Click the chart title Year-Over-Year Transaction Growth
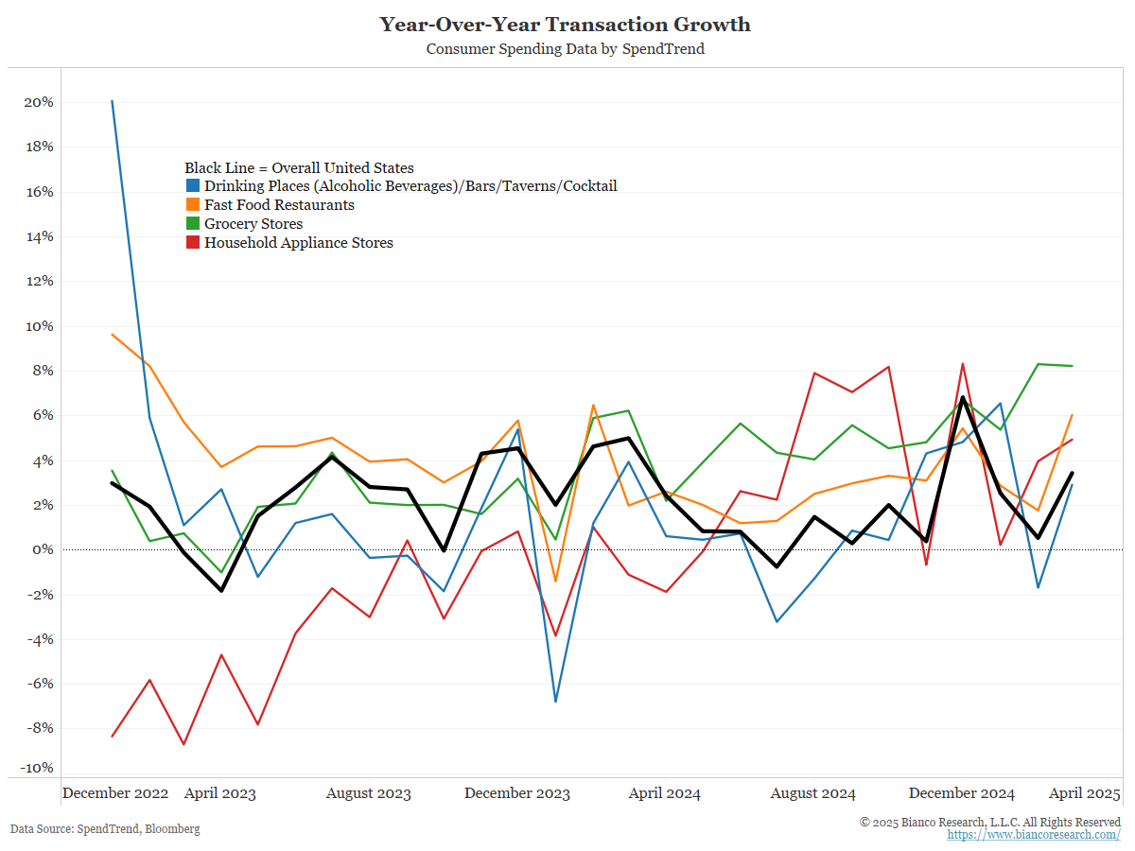565,25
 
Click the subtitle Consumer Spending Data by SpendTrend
565,49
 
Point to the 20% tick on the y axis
38,102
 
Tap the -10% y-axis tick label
35,768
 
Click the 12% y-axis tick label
38,282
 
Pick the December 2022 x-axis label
115,793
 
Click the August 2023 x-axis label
368,793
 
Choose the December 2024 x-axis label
962,793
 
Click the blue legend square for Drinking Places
192,186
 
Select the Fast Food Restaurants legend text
279,205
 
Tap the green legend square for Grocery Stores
192,224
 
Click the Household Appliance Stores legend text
298,243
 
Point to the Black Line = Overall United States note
299,168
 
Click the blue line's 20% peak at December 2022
113,100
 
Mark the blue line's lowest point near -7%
555,702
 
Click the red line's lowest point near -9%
183,744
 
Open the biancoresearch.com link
1034,835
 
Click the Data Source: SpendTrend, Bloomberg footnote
105,829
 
